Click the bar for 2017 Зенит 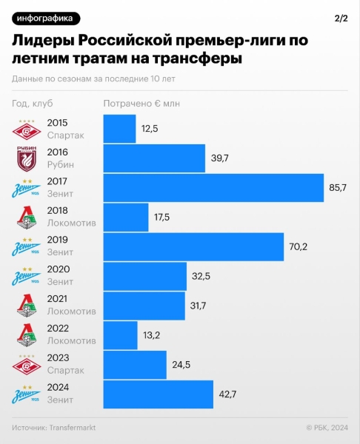click(213, 188)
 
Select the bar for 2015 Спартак click(119, 129)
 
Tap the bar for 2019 click(193, 247)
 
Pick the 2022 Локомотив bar click(120, 335)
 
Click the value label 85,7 click(337, 188)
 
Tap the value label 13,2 click(151, 335)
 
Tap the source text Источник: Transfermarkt click(54, 428)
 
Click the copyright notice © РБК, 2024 click(327, 428)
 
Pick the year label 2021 click(58, 299)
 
